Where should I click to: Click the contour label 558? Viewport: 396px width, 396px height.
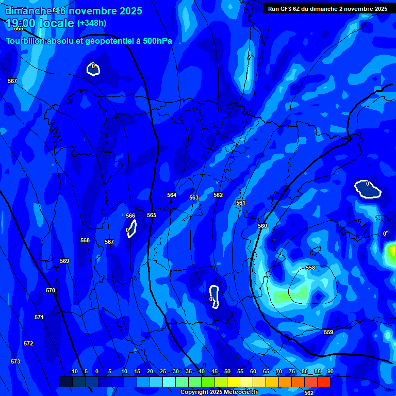coord(310,268)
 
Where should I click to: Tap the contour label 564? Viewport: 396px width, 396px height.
coord(172,195)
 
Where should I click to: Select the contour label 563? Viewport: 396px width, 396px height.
coord(194,197)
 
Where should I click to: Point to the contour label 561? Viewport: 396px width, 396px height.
coord(241,203)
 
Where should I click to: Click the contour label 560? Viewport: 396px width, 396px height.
coord(262,226)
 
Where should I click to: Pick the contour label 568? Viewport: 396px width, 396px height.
coord(85,240)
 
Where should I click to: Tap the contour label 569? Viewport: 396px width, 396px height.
coord(64,261)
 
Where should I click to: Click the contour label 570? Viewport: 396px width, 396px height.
coord(51,290)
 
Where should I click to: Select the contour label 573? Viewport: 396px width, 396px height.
coord(15,361)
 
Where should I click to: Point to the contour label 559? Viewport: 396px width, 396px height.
coord(328,332)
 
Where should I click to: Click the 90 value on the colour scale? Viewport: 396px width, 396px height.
coord(330,371)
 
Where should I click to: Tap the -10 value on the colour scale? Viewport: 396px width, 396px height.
coord(74,371)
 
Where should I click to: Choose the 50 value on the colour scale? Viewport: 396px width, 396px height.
coord(227,371)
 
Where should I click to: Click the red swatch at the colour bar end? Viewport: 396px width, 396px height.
coord(323,382)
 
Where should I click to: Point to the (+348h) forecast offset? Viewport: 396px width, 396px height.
coord(92,23)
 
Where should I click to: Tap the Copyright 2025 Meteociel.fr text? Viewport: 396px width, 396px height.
coord(219,392)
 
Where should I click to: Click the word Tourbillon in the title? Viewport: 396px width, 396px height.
coord(26,41)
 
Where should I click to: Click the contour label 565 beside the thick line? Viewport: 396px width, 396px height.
coord(152,215)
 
